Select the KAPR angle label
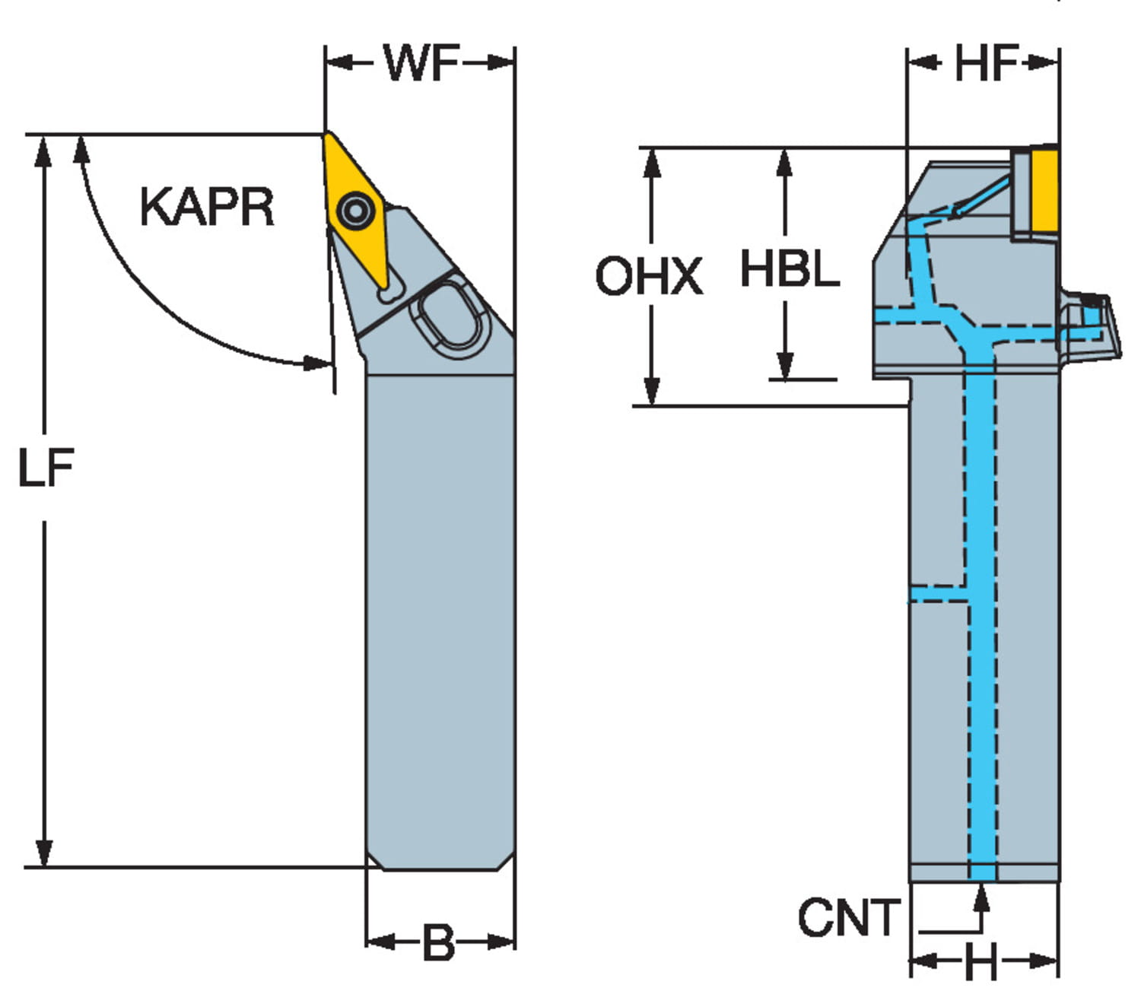(206, 207)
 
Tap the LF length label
(46, 467)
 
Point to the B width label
(439, 942)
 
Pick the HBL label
(790, 269)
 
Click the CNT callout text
(847, 917)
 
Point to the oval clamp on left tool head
(450, 316)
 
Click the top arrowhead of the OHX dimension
(652, 162)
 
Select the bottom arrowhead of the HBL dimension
(785, 365)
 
